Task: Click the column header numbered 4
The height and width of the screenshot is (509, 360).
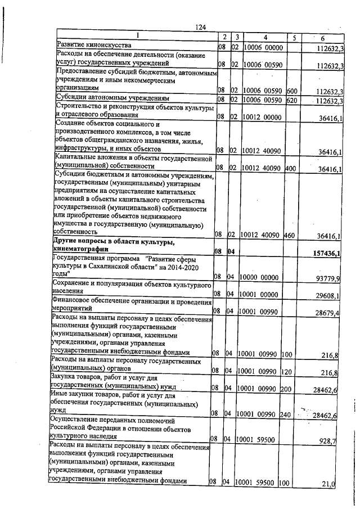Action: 263,37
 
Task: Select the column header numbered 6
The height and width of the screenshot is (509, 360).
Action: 322,38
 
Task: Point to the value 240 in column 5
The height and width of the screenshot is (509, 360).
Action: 285,415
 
